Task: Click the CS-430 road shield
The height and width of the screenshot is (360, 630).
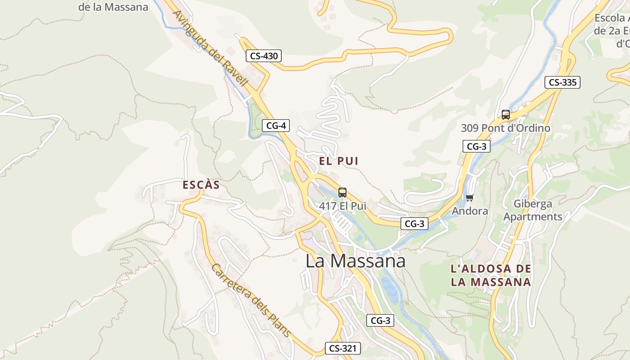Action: [x=264, y=56]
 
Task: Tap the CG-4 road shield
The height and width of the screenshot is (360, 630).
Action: [x=276, y=126]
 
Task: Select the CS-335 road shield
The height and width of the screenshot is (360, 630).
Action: [x=562, y=82]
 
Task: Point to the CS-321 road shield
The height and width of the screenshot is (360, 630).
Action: [x=343, y=348]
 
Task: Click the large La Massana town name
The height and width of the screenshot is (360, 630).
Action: [x=355, y=261]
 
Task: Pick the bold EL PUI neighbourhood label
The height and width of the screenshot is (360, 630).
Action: [x=339, y=161]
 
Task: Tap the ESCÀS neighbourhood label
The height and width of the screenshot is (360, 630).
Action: [x=201, y=185]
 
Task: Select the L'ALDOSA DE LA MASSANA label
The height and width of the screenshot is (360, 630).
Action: [x=491, y=275]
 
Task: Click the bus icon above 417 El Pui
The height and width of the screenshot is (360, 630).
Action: [x=342, y=193]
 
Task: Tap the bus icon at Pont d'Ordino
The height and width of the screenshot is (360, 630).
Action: [x=506, y=115]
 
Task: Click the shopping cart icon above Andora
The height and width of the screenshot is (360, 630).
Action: [x=470, y=198]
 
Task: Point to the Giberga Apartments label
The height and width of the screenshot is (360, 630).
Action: [x=533, y=210]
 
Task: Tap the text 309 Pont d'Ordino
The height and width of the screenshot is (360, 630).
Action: [x=505, y=128]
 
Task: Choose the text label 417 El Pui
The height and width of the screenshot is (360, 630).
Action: [x=342, y=206]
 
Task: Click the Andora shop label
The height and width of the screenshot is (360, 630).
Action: [x=470, y=211]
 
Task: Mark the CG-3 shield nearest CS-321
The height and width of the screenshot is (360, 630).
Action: [x=380, y=320]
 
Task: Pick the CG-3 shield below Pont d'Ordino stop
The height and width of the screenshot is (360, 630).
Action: [x=476, y=146]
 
